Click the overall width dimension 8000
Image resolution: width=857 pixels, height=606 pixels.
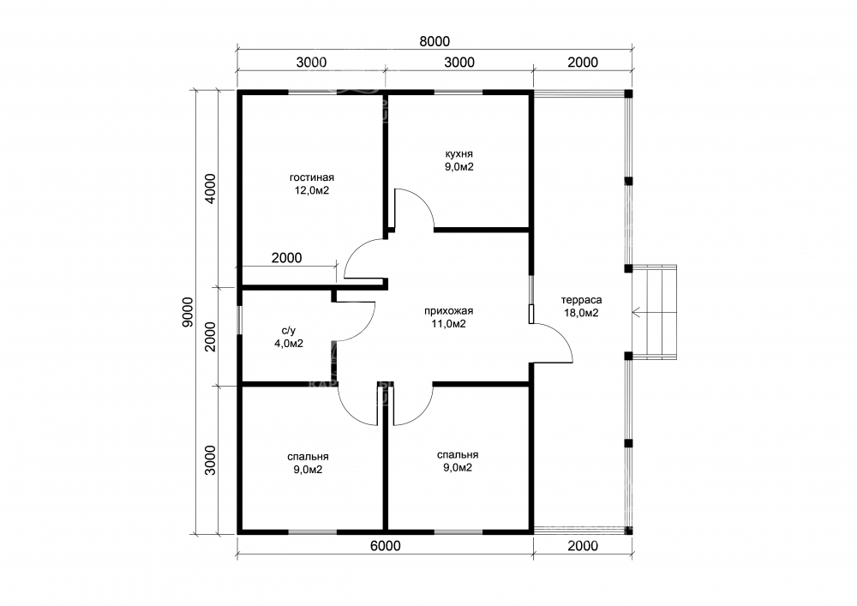(434, 41)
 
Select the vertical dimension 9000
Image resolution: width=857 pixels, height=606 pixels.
(188, 312)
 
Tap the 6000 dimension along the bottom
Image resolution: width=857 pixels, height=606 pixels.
(386, 545)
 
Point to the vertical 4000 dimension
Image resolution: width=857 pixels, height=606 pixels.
(211, 188)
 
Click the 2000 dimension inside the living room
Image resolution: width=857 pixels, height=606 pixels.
(286, 257)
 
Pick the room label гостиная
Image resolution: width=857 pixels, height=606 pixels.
(312, 177)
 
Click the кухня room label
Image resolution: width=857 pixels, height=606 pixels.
(459, 154)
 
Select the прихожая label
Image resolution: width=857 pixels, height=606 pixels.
(449, 311)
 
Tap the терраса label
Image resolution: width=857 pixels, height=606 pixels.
(582, 300)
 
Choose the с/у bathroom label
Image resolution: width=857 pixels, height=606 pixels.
(289, 331)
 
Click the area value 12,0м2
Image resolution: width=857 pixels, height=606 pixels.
(312, 190)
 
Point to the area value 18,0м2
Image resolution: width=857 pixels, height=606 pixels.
(582, 313)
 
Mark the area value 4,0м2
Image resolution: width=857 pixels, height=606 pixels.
(289, 344)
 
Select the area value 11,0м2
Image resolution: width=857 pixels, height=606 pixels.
(449, 324)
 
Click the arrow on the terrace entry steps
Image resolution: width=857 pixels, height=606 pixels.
(654, 313)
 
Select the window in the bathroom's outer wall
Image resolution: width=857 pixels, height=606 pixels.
(239, 320)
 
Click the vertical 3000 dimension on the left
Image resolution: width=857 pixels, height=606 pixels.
(211, 459)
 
